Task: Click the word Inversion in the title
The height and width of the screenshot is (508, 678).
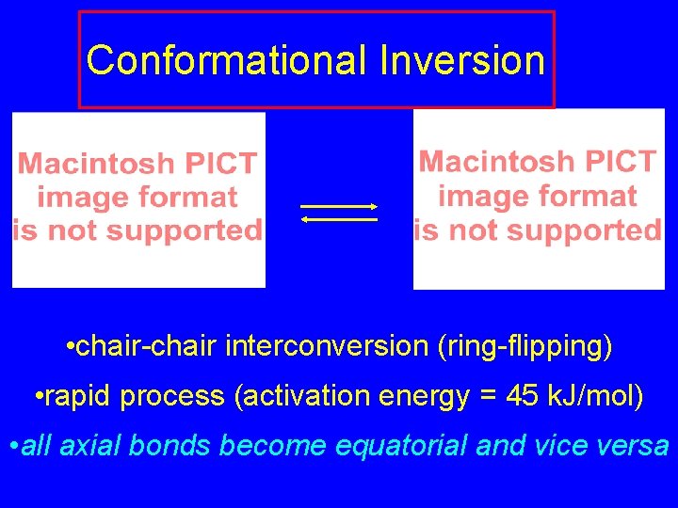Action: (x=462, y=61)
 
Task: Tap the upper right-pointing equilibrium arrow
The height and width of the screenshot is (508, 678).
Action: (x=339, y=206)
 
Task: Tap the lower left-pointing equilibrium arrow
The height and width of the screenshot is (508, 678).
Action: (x=339, y=219)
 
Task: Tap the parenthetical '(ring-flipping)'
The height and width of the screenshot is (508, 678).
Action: (x=525, y=347)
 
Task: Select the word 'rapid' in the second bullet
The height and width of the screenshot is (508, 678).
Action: (x=75, y=397)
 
